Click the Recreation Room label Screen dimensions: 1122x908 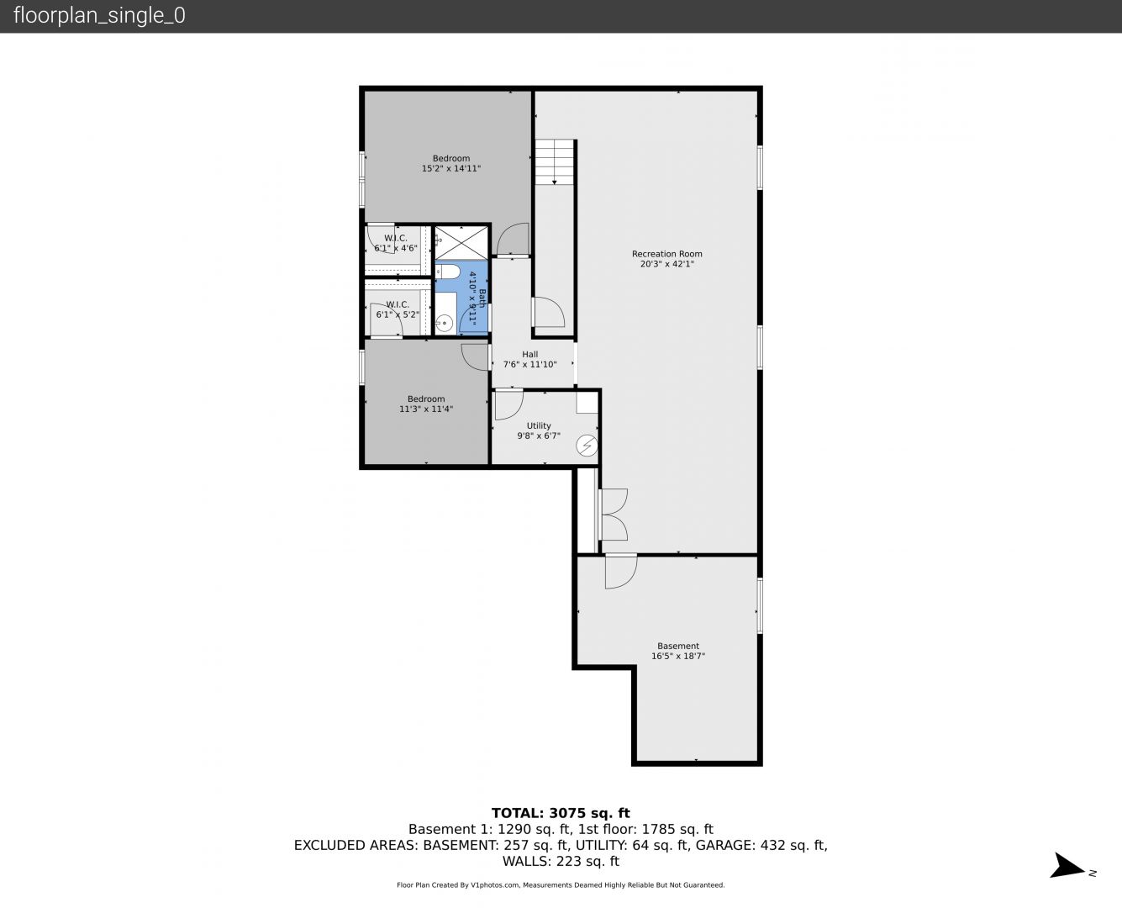click(666, 254)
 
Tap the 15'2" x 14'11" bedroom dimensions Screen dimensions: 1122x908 click(451, 169)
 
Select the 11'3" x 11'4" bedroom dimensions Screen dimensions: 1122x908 click(425, 409)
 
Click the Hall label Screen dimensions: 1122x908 click(530, 354)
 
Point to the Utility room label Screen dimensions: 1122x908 click(539, 425)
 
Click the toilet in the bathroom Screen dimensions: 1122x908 click(448, 272)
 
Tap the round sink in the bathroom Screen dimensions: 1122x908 click(445, 323)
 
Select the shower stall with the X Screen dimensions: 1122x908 click(461, 243)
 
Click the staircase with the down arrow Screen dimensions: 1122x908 click(554, 162)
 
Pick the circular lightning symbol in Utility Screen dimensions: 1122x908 click(587, 446)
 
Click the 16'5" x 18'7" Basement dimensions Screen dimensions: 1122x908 click(678, 656)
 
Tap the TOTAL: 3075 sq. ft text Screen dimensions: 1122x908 click(561, 813)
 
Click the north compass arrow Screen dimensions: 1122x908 click(1067, 866)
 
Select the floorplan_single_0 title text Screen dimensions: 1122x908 click(99, 15)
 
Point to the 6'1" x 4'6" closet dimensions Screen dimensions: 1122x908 click(396, 248)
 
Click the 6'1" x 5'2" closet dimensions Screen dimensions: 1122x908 click(398, 314)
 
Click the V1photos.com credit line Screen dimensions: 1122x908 click(561, 885)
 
